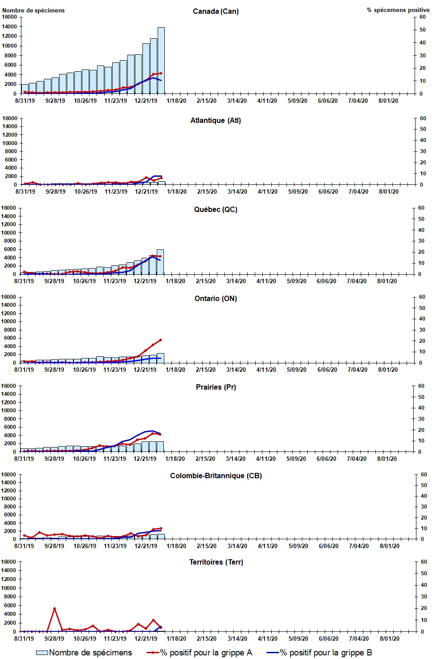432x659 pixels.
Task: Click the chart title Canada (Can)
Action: click(216, 11)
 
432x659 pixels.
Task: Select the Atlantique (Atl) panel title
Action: click(216, 120)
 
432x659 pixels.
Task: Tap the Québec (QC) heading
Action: click(216, 209)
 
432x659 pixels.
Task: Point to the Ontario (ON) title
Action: click(216, 298)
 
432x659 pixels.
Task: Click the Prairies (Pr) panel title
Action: click(216, 387)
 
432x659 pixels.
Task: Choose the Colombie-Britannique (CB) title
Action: click(216, 476)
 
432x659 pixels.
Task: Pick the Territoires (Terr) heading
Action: click(216, 562)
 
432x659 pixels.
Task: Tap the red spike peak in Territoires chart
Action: click(54, 608)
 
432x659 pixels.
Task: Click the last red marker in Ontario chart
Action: click(160, 340)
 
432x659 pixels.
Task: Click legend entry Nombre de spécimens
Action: click(84, 652)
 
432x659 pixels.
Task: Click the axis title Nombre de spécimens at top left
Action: click(33, 10)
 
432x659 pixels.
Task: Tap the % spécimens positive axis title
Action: click(398, 10)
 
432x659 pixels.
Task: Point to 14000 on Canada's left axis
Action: click(9, 27)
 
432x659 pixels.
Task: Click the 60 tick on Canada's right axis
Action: click(422, 17)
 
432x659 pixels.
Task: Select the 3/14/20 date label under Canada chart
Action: click(237, 101)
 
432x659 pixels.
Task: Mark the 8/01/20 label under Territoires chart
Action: click(389, 639)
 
